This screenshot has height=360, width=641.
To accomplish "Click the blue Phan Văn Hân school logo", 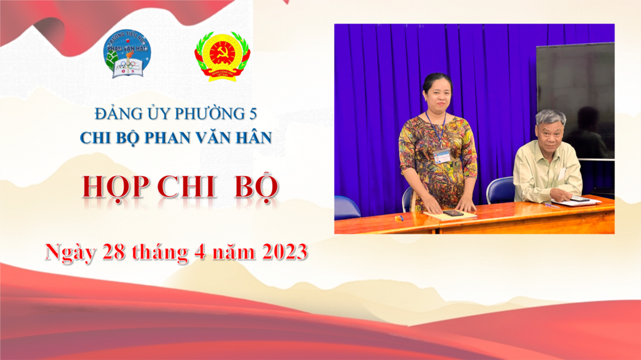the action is coord(126,53).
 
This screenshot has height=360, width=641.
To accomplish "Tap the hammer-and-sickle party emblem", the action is coord(222,56).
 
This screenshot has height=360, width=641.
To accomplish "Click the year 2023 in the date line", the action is coord(285,252).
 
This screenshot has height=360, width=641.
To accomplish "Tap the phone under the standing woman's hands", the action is coord(453,213).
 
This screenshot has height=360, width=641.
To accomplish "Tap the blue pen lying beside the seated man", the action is coord(552,206).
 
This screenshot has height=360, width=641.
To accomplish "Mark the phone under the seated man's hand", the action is coord(580,199).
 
